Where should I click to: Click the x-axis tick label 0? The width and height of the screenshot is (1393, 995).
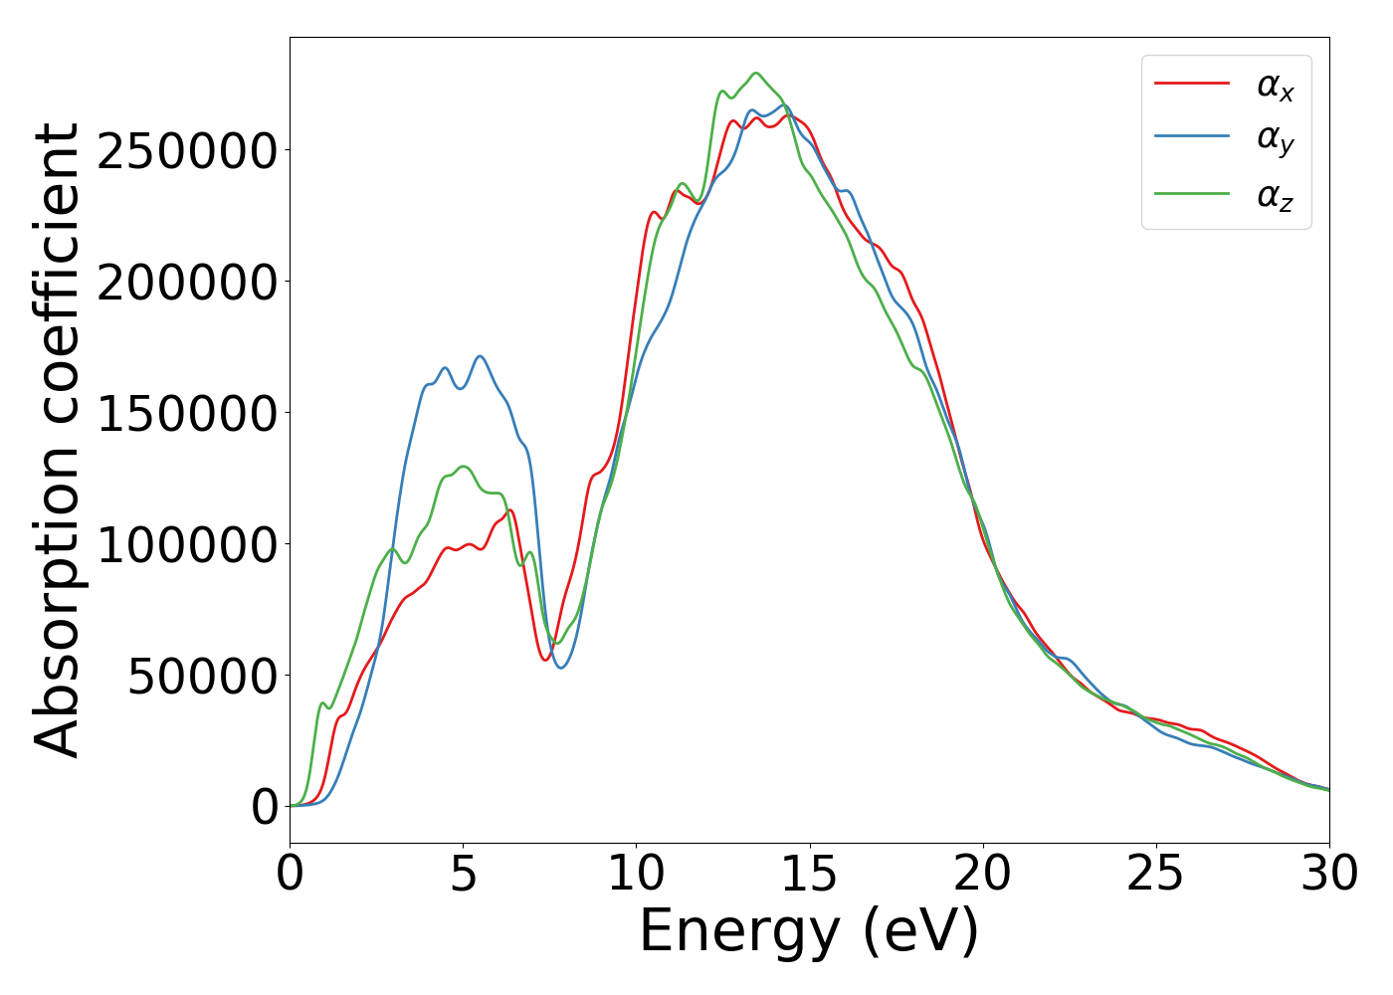pyautogui.click(x=290, y=874)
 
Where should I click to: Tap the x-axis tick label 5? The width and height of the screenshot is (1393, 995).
pyautogui.click(x=463, y=874)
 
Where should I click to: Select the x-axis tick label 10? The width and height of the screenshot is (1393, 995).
pyautogui.click(x=636, y=874)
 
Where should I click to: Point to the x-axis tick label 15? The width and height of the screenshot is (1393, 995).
pyautogui.click(x=809, y=874)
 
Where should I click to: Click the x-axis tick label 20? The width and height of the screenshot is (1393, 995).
pyautogui.click(x=982, y=874)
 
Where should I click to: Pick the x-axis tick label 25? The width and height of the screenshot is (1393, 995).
pyautogui.click(x=1155, y=874)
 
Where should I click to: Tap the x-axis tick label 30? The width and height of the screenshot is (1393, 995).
pyautogui.click(x=1328, y=874)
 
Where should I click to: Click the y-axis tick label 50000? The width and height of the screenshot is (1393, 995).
pyautogui.click(x=202, y=676)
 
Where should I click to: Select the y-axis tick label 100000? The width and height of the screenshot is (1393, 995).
pyautogui.click(x=187, y=544)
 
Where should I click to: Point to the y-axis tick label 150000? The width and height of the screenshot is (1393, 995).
pyautogui.click(x=187, y=413)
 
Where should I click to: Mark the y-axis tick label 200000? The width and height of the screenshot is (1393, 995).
pyautogui.click(x=187, y=282)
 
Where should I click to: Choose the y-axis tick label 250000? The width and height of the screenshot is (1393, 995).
pyautogui.click(x=187, y=150)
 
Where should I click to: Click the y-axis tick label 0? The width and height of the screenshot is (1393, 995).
pyautogui.click(x=265, y=807)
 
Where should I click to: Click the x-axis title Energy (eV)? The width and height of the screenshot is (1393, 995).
pyautogui.click(x=809, y=932)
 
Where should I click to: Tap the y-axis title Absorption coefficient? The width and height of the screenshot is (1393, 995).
pyautogui.click(x=58, y=440)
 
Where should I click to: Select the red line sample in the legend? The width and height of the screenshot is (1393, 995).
pyautogui.click(x=1192, y=84)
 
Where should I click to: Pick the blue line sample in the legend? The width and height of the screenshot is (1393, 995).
pyautogui.click(x=1192, y=139)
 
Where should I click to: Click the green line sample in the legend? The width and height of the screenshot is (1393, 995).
pyautogui.click(x=1192, y=195)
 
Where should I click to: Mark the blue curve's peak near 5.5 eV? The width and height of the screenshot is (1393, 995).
pyautogui.click(x=481, y=356)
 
